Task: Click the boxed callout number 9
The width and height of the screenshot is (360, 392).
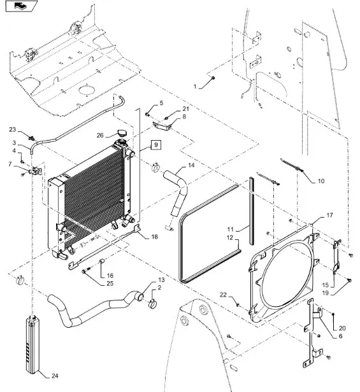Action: (156, 145)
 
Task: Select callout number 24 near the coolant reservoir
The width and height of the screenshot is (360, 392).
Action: (55, 375)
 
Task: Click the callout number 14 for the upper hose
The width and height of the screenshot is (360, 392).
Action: (191, 165)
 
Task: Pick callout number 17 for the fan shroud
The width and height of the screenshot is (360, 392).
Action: (329, 215)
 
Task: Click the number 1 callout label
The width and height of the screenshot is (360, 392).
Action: (195, 87)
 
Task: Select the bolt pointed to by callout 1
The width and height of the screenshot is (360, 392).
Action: (213, 78)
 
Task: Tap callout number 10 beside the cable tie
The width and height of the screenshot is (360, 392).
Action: (321, 181)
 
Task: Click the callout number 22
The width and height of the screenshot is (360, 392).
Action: (223, 295)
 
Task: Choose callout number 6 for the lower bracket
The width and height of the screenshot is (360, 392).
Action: (340, 336)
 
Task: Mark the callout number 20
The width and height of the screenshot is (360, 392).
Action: (342, 328)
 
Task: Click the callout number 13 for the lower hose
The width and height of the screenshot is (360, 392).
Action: (161, 280)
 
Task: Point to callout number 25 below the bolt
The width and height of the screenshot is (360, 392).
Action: (110, 284)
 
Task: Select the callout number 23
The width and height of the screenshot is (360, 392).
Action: (13, 130)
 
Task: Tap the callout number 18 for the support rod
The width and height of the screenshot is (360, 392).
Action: (154, 237)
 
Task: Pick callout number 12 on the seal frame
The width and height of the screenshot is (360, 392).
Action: (230, 237)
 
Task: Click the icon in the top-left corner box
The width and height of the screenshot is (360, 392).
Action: (22, 6)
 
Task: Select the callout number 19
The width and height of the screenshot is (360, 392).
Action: (325, 293)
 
